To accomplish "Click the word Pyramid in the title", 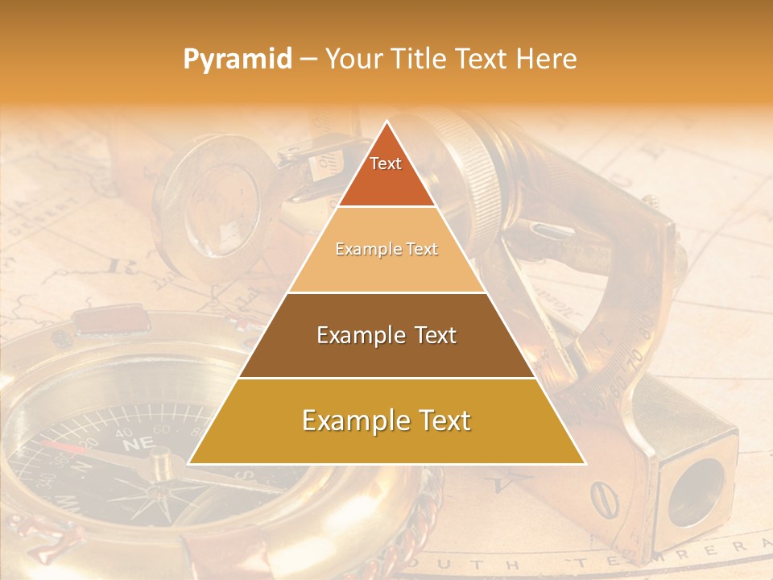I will [238, 60].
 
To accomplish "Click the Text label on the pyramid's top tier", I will [386, 164].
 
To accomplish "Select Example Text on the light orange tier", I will [386, 250].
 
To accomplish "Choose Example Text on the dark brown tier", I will [386, 335].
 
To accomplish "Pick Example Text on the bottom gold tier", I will [386, 420].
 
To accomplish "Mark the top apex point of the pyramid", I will [387, 122].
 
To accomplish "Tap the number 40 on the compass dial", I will [124, 433].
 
